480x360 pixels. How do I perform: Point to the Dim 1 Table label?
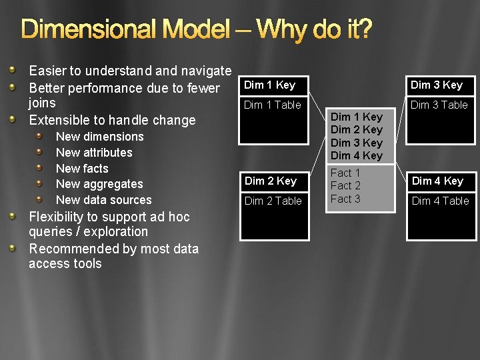pyautogui.click(x=273, y=105)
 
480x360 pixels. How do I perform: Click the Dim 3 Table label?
pyautogui.click(x=439, y=105)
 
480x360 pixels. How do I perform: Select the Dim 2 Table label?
pyautogui.click(x=273, y=201)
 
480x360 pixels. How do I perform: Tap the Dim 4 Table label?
pyautogui.click(x=440, y=201)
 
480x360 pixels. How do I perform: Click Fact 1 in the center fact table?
pyautogui.click(x=345, y=173)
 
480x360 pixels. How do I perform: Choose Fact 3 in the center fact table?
pyautogui.click(x=345, y=199)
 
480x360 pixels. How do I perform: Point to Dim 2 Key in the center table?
pyautogui.click(x=357, y=129)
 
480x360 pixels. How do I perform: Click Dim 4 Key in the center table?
pyautogui.click(x=357, y=155)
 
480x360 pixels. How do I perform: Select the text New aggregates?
pyautogui.click(x=99, y=184)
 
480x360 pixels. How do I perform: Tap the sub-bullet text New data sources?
pyautogui.click(x=103, y=200)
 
